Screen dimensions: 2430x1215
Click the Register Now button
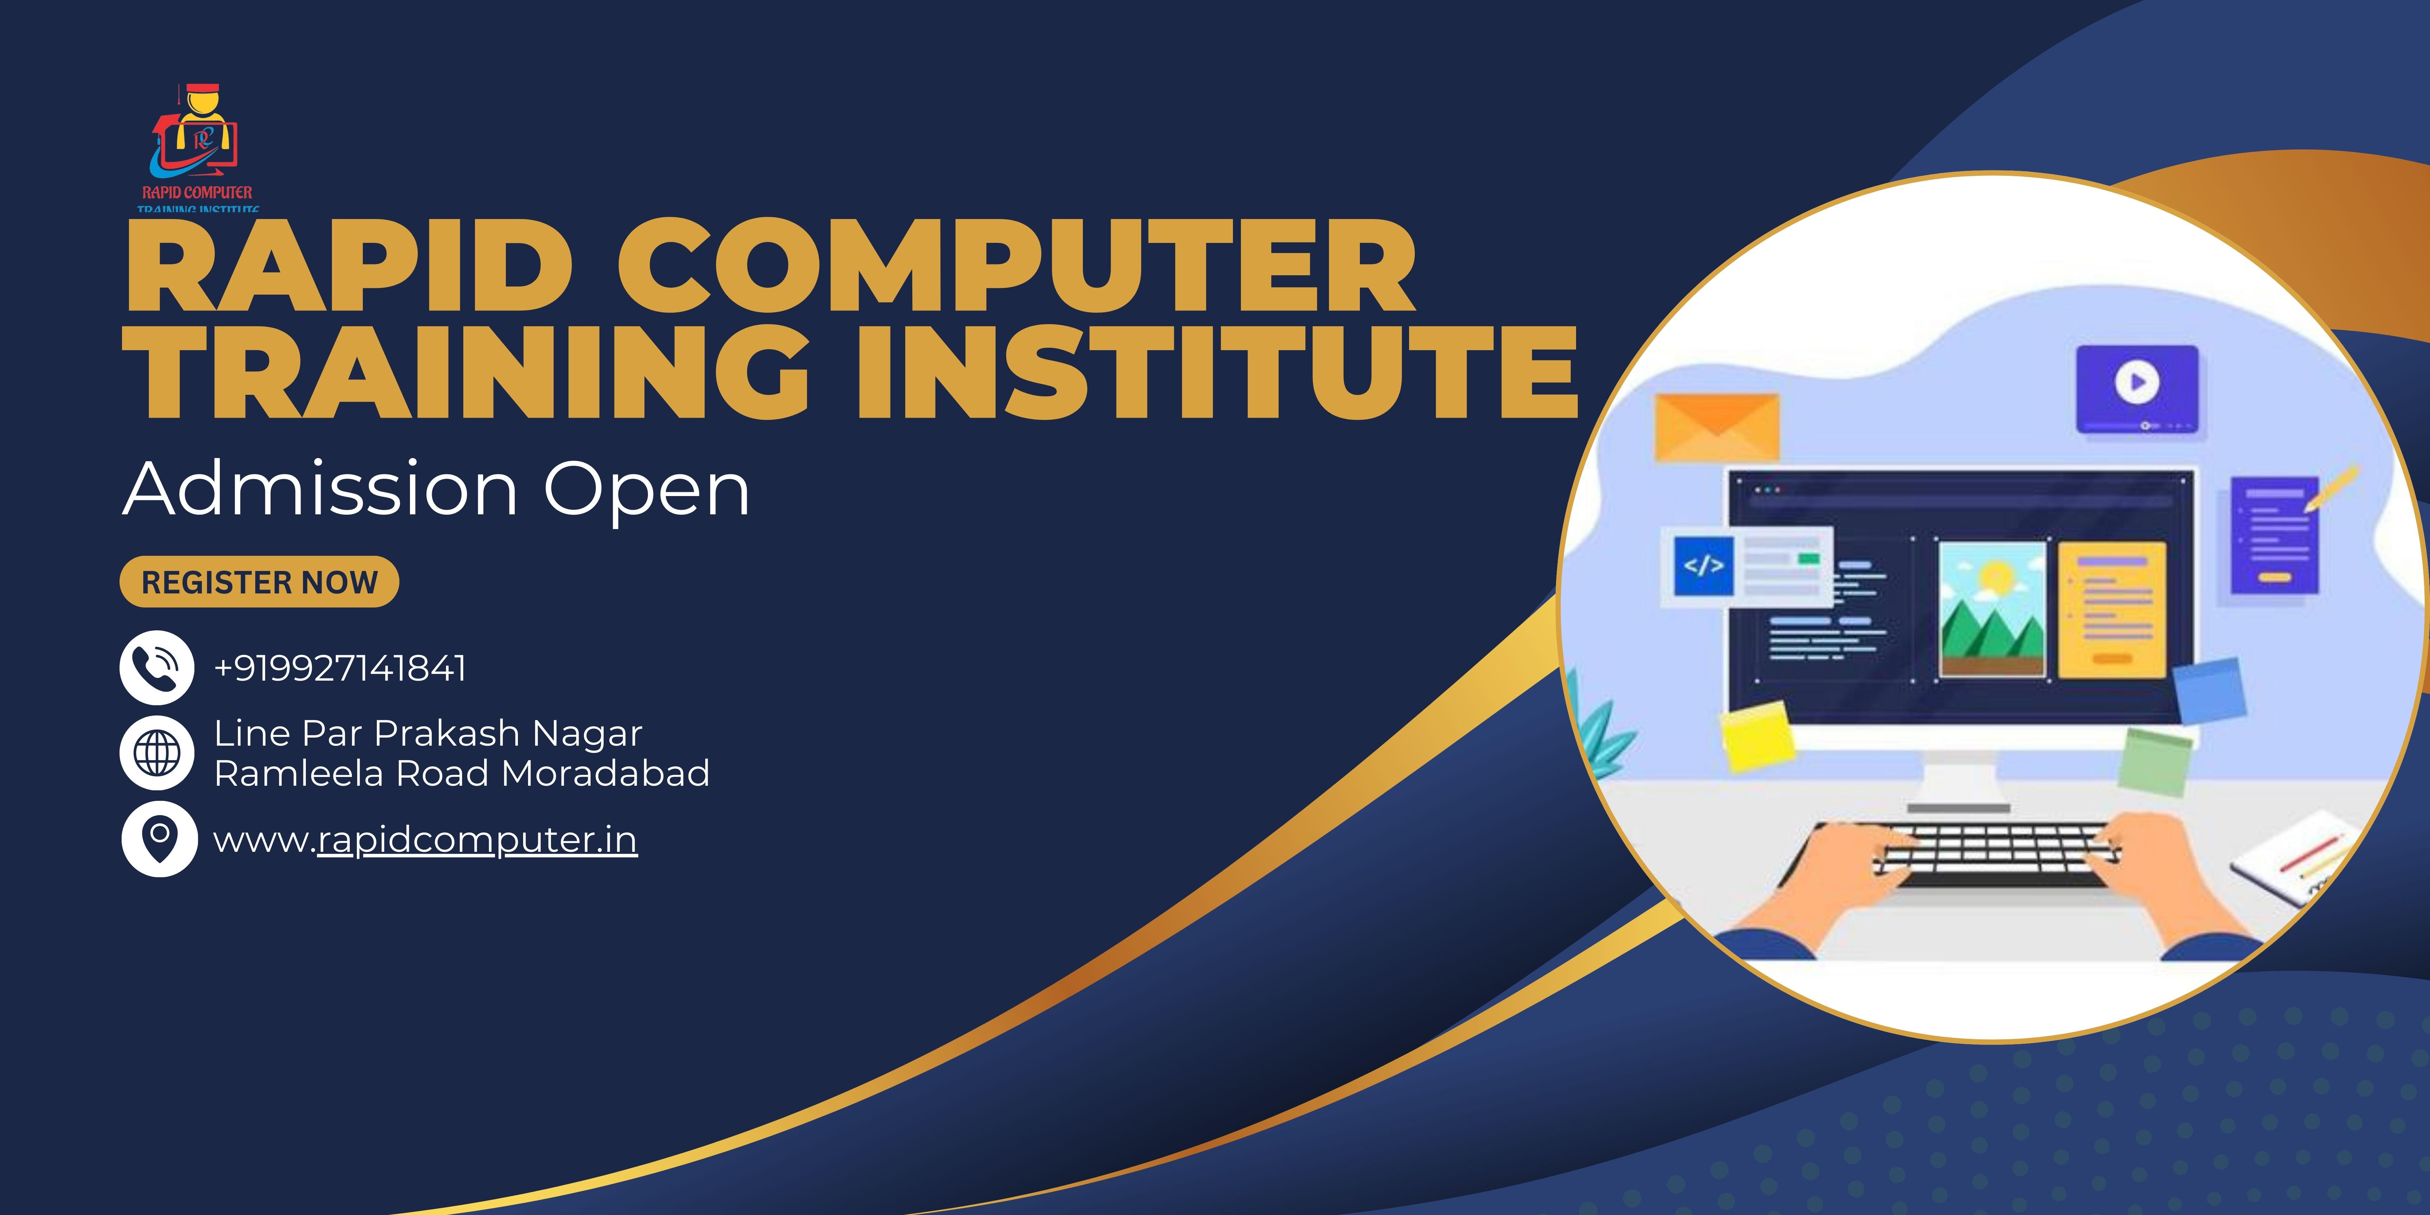(259, 582)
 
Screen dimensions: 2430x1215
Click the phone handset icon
(156, 668)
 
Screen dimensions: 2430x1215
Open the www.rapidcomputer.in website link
(425, 840)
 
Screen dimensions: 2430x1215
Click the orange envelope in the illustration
(1717, 427)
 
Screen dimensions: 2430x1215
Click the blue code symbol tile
(1704, 566)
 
